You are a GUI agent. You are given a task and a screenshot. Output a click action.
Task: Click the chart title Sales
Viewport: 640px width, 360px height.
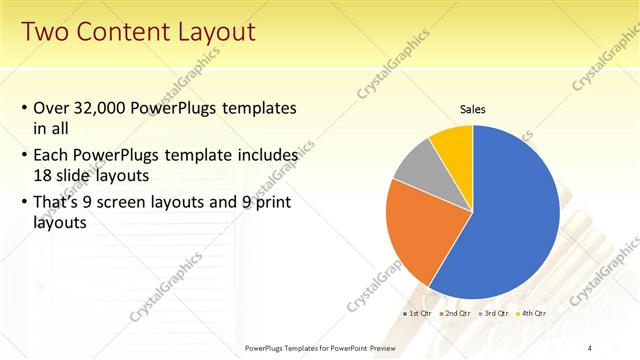[x=473, y=109]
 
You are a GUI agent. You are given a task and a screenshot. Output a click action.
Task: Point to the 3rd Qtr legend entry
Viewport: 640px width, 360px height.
[x=494, y=313]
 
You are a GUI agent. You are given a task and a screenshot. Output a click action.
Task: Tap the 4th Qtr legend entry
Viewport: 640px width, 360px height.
[x=532, y=313]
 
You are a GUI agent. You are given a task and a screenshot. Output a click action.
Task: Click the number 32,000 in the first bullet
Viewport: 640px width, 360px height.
[x=108, y=108]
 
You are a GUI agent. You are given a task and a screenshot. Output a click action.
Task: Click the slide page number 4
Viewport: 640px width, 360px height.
[x=589, y=347]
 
